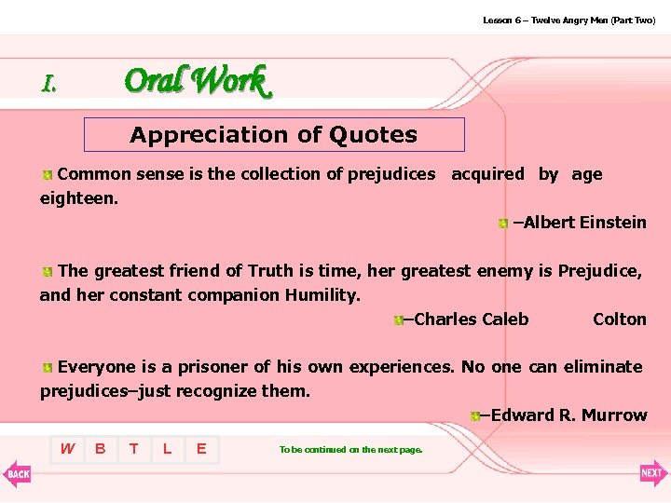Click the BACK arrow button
coord(17,473)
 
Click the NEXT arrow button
coord(652,473)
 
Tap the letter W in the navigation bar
coord(67,449)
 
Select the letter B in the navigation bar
coord(100,449)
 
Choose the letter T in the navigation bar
coord(134,449)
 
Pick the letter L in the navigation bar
coord(167,449)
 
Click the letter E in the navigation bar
coord(200,449)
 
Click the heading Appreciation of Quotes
coord(274,135)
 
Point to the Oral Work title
coord(196,81)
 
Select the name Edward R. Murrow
coord(568,415)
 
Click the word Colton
coord(619,319)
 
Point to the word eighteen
coord(78,198)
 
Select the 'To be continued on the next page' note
coord(350,450)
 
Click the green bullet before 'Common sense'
coord(47,175)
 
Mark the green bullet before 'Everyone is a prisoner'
coord(47,368)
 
